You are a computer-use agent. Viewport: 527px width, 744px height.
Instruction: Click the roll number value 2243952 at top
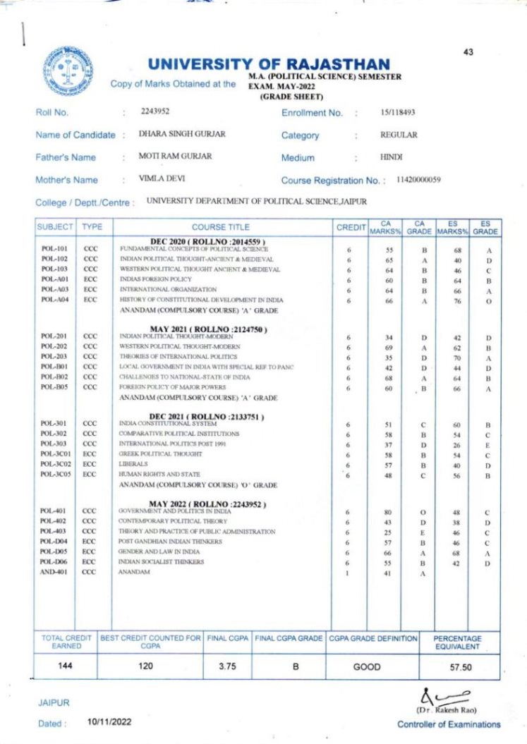pos(155,111)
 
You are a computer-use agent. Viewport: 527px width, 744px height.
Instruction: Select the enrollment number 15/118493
pos(397,111)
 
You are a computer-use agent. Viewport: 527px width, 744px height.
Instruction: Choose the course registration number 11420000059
pos(419,180)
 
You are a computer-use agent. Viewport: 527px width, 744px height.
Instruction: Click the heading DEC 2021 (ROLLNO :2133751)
pos(206,416)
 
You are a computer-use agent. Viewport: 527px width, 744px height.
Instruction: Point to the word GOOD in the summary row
pos(367,666)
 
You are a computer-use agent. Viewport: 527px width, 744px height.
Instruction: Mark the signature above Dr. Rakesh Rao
pos(438,694)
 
